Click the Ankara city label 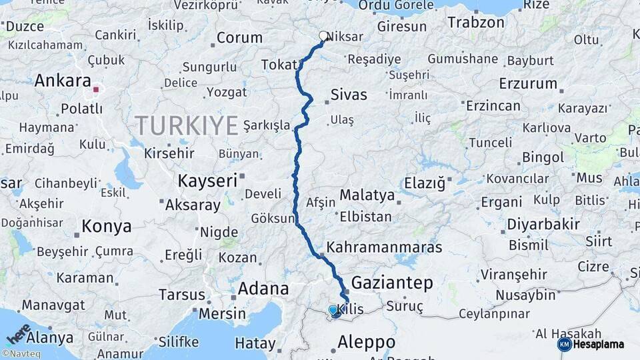[x=63, y=81]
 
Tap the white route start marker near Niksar [x=324, y=36]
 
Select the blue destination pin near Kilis [x=333, y=310]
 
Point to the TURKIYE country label [x=187, y=125]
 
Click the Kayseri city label [x=207, y=180]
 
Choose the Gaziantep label [x=392, y=282]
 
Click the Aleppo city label [x=367, y=342]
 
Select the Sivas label [x=349, y=94]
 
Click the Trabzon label [x=476, y=22]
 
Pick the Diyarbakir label [x=543, y=224]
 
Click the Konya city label [x=107, y=227]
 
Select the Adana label [x=263, y=289]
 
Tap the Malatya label [x=367, y=195]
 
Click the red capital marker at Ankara [x=96, y=89]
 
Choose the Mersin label [x=223, y=313]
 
